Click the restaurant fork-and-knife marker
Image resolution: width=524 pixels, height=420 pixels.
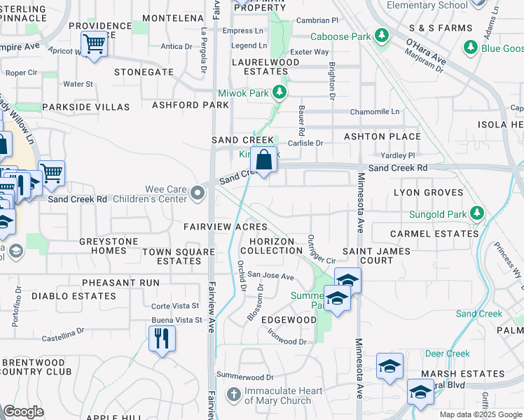(x=162, y=339)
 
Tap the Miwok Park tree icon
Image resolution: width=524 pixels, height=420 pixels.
(x=280, y=92)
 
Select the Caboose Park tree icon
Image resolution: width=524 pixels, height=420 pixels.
(x=382, y=35)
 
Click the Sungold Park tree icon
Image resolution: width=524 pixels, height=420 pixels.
(x=478, y=212)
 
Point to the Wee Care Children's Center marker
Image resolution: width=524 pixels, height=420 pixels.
(x=198, y=192)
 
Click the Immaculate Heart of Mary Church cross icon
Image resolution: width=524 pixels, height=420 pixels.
(x=233, y=395)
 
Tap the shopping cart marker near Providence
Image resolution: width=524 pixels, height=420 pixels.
(x=94, y=44)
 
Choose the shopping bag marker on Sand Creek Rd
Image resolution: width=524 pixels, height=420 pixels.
(x=263, y=160)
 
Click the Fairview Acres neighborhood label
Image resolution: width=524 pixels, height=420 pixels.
(x=226, y=227)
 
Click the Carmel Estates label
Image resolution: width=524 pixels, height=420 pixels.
(x=424, y=234)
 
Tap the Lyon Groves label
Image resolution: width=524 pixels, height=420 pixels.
(x=428, y=192)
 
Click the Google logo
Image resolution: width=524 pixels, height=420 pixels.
(x=23, y=412)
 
